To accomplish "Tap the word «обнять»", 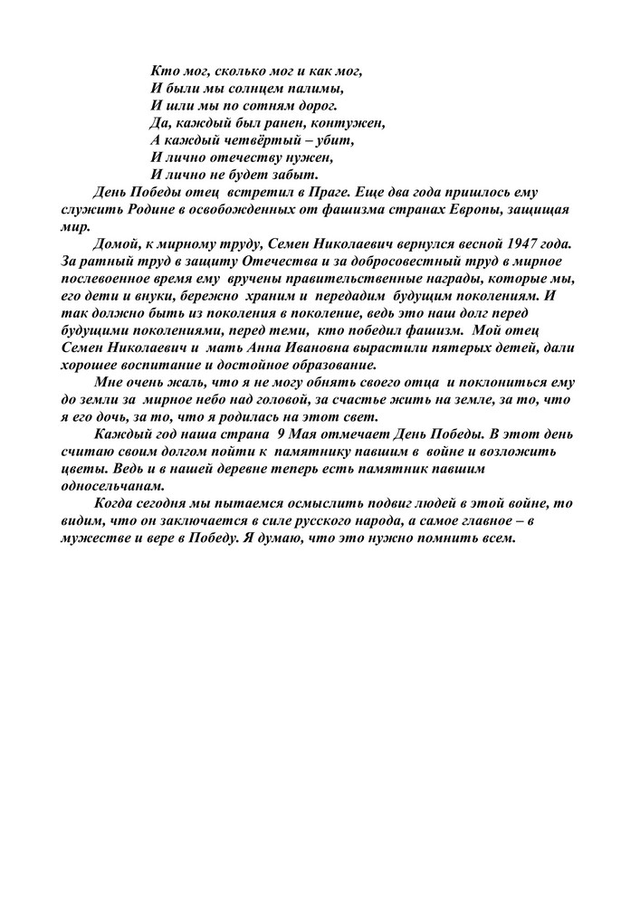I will pyautogui.click(x=309, y=382).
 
